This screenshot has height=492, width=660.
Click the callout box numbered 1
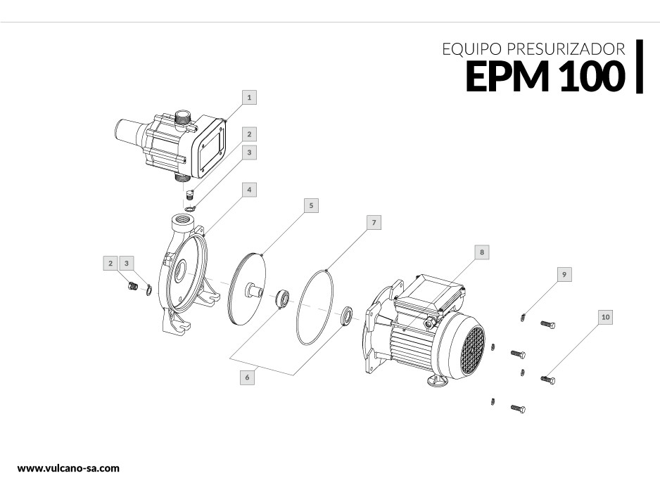click(x=249, y=97)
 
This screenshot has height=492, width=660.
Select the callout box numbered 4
click(x=249, y=190)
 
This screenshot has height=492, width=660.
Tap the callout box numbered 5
click(x=311, y=205)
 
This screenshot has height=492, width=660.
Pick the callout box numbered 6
click(x=247, y=377)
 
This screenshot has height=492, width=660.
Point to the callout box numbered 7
click(x=374, y=222)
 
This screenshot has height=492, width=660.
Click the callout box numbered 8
click(x=482, y=252)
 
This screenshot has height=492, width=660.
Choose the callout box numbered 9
click(x=564, y=275)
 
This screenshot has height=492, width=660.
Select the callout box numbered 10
click(x=605, y=317)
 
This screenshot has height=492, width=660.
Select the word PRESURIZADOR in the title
click(x=566, y=49)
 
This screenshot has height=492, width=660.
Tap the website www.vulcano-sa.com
click(x=68, y=468)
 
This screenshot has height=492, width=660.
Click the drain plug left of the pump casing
click(x=132, y=287)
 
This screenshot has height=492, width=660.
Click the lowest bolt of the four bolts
click(x=518, y=408)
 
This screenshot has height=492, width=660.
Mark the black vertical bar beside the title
click(x=640, y=67)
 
